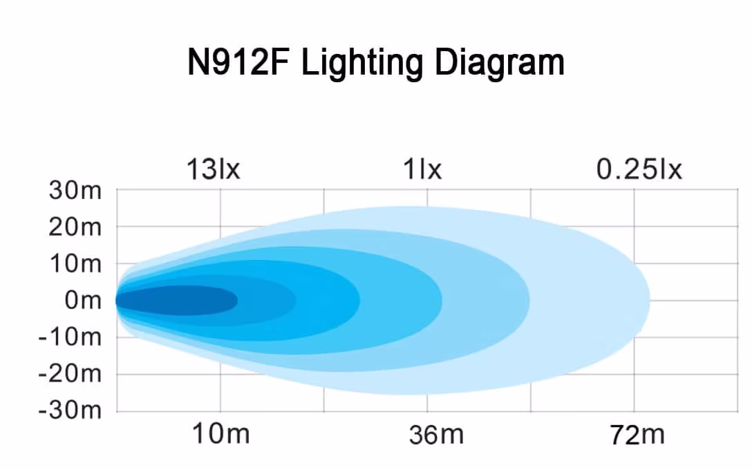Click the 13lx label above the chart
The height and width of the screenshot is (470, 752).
(213, 169)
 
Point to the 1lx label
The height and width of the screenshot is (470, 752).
(422, 169)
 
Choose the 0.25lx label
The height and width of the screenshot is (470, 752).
(639, 169)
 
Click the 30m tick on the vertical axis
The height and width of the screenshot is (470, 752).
(75, 190)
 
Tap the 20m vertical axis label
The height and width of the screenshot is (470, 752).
(75, 227)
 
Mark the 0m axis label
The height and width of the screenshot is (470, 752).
(82, 301)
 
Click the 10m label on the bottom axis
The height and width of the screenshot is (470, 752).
(219, 435)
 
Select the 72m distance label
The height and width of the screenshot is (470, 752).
(637, 435)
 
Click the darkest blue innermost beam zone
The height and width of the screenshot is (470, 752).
(180, 301)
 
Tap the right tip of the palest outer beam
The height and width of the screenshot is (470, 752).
(648, 300)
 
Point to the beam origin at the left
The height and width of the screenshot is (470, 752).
(117, 301)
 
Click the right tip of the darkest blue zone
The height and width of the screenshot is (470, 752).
(236, 301)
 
